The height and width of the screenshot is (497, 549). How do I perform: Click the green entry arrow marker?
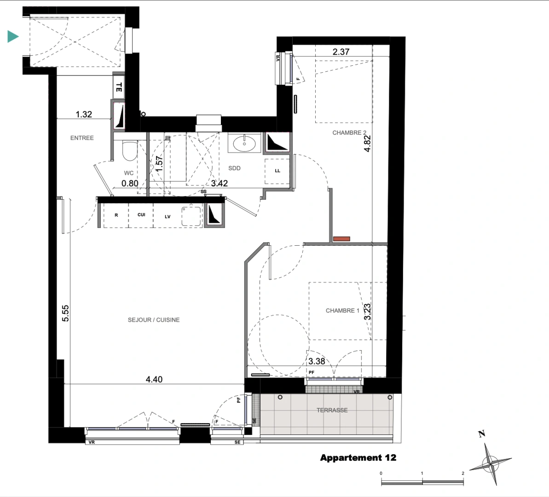12,36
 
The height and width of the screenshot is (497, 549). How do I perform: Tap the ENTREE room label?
82,138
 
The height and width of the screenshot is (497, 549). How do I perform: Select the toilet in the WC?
129,150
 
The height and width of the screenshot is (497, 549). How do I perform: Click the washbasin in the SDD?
244,143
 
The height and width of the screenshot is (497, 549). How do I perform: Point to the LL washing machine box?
277,171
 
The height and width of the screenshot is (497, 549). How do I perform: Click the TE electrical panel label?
119,87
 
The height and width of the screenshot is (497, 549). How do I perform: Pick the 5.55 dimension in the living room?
65,313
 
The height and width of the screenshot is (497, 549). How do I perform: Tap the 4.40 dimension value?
154,379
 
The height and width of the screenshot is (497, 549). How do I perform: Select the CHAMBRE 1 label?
342,311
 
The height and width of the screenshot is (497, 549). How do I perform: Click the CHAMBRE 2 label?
349,133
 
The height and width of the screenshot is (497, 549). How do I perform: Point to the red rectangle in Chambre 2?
341,239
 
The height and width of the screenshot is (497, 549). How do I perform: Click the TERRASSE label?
332,410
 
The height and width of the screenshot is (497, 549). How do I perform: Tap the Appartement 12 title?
358,458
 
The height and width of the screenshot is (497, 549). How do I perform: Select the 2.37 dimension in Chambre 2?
341,52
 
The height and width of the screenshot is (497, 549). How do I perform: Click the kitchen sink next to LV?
191,216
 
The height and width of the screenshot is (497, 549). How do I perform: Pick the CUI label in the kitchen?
141,215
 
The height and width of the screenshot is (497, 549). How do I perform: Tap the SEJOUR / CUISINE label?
154,320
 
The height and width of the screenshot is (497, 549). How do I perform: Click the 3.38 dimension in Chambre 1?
317,361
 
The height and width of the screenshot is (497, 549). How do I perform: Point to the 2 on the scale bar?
463,473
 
